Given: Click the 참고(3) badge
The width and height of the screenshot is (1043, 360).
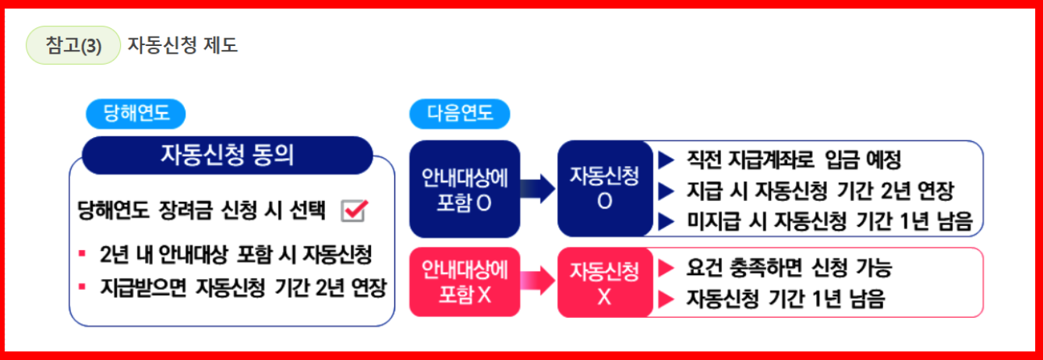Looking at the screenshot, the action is click(x=73, y=46).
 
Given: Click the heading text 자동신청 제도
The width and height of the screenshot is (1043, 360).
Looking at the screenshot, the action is click(x=182, y=46).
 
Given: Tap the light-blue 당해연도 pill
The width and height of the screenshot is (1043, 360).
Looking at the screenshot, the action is click(x=137, y=114).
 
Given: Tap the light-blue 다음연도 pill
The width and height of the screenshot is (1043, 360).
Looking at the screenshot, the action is click(x=459, y=114).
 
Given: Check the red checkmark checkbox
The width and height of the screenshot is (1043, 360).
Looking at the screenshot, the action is click(x=354, y=210).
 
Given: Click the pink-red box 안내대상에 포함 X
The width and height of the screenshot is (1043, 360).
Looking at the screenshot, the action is click(x=465, y=282).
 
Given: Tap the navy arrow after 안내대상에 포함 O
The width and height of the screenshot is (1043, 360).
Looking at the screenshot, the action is click(x=538, y=189).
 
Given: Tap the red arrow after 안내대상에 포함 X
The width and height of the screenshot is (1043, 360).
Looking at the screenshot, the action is click(x=538, y=282).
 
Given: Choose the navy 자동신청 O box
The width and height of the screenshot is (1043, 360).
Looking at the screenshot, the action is click(x=604, y=189).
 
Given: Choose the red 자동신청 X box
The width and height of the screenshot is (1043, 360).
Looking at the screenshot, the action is click(x=604, y=282).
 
